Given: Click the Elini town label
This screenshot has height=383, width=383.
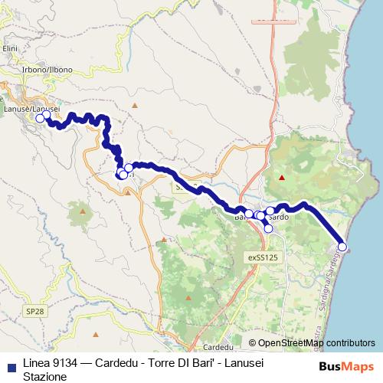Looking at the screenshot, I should pos(9,48).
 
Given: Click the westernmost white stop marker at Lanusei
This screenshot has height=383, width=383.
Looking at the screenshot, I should pos(40,119).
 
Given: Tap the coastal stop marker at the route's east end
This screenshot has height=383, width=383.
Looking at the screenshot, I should pos(342,246).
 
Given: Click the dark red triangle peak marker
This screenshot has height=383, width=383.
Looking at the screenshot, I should pos(282,178).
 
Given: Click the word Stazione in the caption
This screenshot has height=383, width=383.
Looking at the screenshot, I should pos(45,376).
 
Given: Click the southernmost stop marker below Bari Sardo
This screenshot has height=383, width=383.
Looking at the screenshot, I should pos(268,228).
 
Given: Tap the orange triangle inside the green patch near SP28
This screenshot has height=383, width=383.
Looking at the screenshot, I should pos(82,207).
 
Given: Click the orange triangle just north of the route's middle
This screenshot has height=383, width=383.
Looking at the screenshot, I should pos(135,105).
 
